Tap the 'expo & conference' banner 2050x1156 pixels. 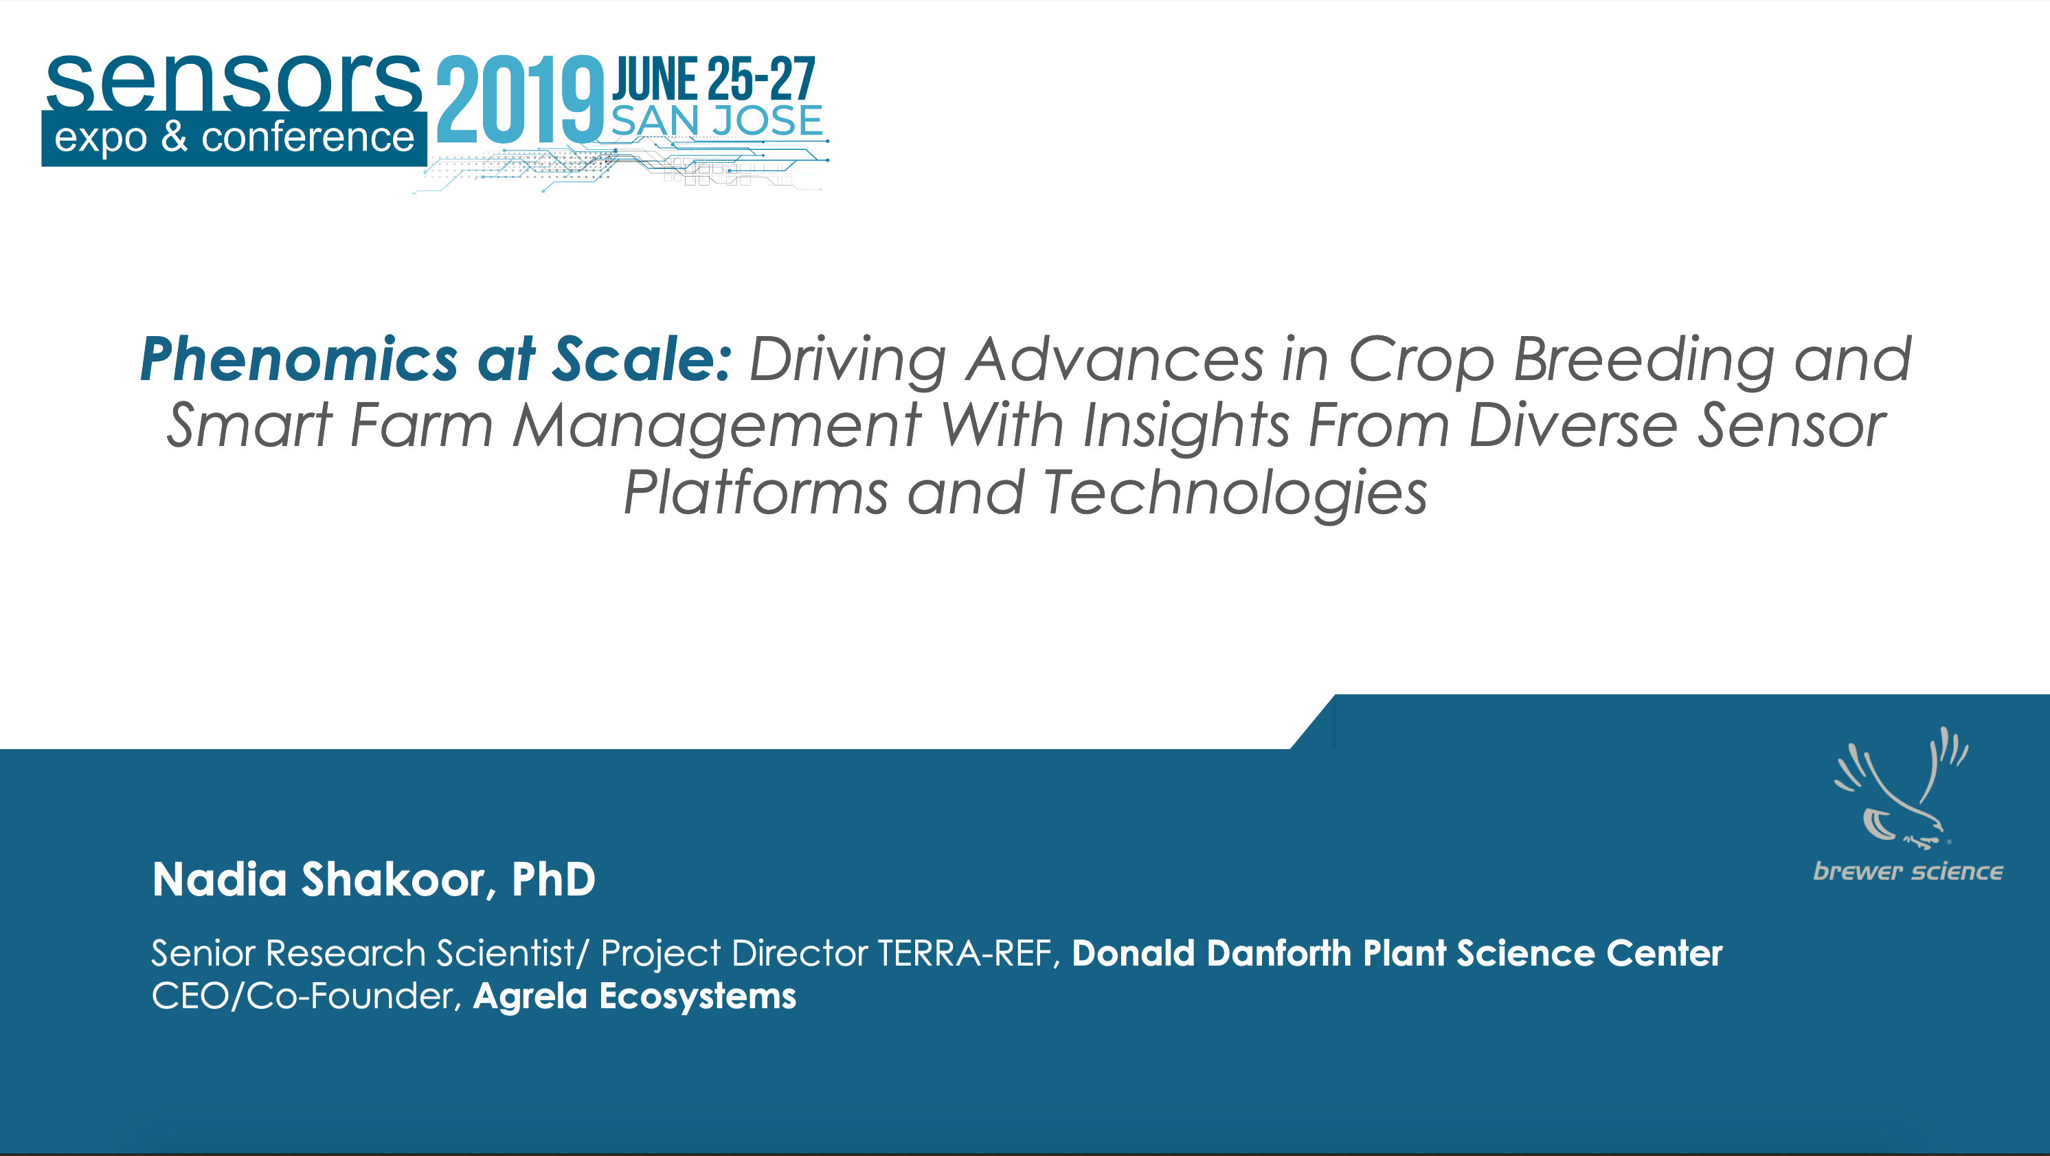coord(234,139)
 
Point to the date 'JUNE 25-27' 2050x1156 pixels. coord(714,79)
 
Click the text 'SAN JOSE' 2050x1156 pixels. coord(717,121)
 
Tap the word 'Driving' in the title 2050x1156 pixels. coord(848,362)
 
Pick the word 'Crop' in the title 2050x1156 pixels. coord(1421,362)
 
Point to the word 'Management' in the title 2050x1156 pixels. coord(717,427)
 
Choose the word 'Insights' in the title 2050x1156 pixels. coord(1186,427)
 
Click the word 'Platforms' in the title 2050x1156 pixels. coord(755,493)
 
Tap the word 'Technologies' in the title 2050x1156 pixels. coord(1235,494)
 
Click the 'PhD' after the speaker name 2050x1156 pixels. coord(553,880)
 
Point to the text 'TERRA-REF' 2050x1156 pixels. coord(965,954)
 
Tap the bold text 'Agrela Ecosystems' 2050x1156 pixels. coord(634,997)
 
